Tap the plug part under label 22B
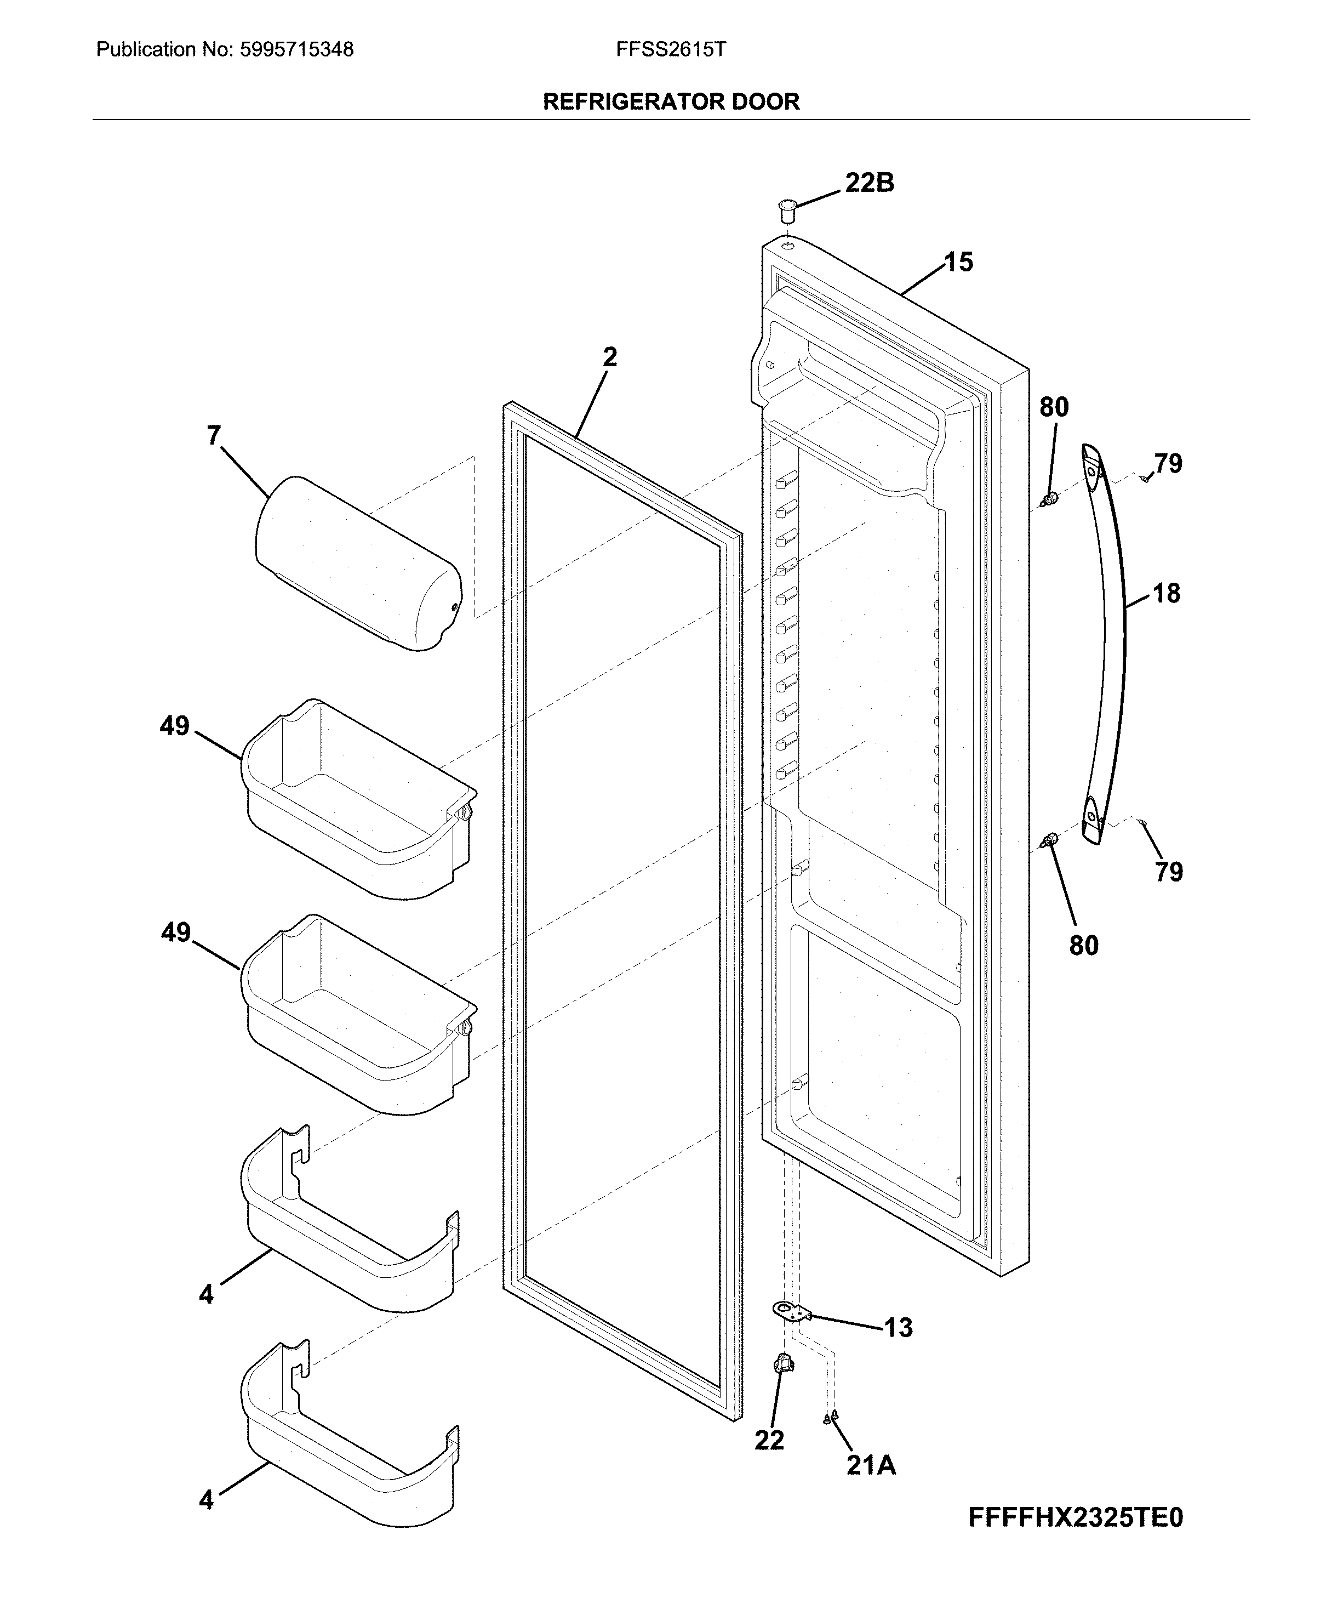[787, 208]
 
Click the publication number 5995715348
[296, 50]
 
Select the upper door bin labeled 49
[358, 799]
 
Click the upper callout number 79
[1169, 463]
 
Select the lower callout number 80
[1083, 945]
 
